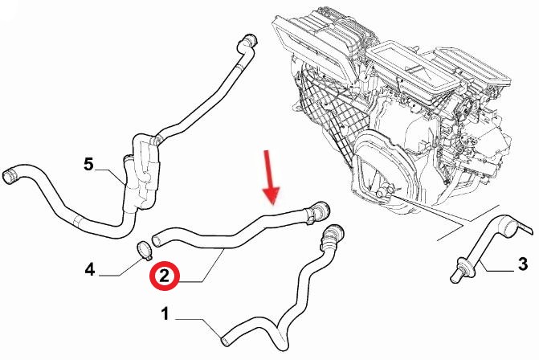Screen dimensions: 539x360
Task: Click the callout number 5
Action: click(88, 164)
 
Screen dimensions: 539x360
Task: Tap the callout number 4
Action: click(90, 269)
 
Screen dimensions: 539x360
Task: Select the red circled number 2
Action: click(165, 276)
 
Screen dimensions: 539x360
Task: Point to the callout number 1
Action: click(165, 314)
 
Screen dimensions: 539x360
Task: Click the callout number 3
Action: click(522, 264)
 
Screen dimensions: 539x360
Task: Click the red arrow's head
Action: click(272, 195)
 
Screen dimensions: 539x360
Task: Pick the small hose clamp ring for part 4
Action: click(144, 251)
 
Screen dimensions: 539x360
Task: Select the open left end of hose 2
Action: click(157, 239)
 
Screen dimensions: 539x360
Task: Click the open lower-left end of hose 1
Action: click(225, 341)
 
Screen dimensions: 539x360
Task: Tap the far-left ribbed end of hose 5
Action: click(10, 175)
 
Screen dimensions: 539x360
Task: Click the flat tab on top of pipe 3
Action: click(525, 229)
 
